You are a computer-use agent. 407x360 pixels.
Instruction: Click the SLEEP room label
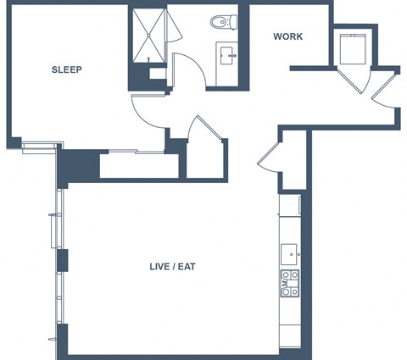tap(67, 69)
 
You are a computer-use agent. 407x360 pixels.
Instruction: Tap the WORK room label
tap(287, 36)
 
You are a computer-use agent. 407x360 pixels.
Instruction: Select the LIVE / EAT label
tap(172, 267)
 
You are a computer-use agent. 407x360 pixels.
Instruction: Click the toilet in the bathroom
tap(224, 22)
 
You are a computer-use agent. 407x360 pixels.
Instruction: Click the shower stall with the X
tap(148, 36)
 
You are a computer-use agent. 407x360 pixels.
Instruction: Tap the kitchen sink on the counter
tap(289, 255)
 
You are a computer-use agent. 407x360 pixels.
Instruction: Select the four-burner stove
tap(290, 283)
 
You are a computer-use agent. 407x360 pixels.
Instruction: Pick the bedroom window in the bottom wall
tap(40, 146)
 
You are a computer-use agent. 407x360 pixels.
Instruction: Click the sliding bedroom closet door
tap(137, 152)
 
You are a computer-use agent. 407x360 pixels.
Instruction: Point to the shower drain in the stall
tap(148, 36)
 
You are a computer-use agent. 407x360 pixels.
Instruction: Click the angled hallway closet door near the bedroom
tap(208, 127)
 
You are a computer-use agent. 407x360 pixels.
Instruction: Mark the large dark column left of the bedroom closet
tap(79, 167)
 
